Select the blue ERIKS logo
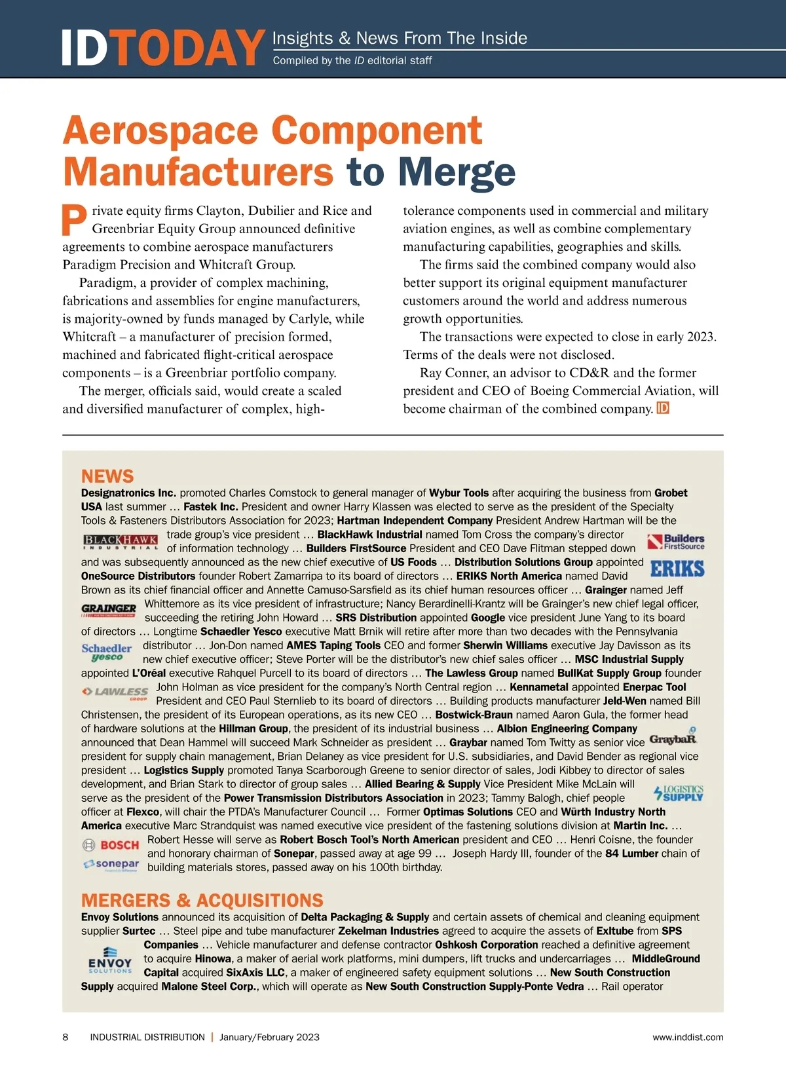click(x=677, y=568)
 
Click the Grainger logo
click(x=109, y=611)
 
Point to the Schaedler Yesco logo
click(x=107, y=652)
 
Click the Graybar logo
click(x=673, y=738)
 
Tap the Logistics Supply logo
click(x=679, y=793)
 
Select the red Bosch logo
click(x=111, y=845)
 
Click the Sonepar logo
click(x=111, y=865)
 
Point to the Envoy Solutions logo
click(x=110, y=960)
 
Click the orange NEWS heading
click(x=107, y=476)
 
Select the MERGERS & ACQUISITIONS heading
click(x=202, y=900)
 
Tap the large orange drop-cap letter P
click(x=75, y=220)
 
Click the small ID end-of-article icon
click(x=662, y=409)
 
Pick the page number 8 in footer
click(x=65, y=1037)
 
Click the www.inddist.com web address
click(x=688, y=1037)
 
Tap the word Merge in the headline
click(x=457, y=172)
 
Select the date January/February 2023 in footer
click(x=269, y=1037)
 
